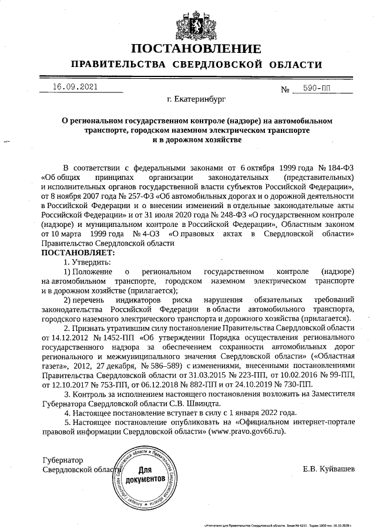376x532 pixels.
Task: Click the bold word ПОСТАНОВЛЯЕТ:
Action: tap(78, 252)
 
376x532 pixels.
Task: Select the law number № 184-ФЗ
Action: tap(335, 167)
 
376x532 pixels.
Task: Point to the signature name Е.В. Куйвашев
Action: tap(328, 469)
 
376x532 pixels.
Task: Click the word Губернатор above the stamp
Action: tap(63, 460)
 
